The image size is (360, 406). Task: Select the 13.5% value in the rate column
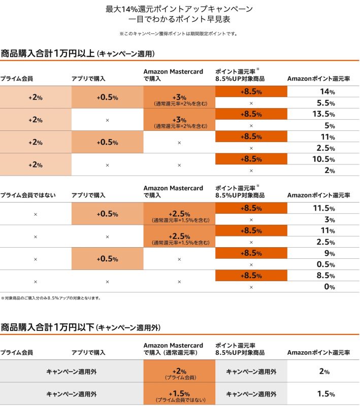pyautogui.click(x=323, y=114)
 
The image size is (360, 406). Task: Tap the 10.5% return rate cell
pyautogui.click(x=323, y=159)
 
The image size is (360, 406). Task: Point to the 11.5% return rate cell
pyautogui.click(x=323, y=208)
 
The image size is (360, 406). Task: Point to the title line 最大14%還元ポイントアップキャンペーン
pyautogui.click(x=179, y=9)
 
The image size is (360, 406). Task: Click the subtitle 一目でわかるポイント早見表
pyautogui.click(x=179, y=20)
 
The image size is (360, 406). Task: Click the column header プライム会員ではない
pyautogui.click(x=28, y=195)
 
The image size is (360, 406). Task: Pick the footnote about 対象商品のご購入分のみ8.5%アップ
pyautogui.click(x=51, y=298)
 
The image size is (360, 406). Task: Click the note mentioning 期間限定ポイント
pyautogui.click(x=179, y=33)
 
